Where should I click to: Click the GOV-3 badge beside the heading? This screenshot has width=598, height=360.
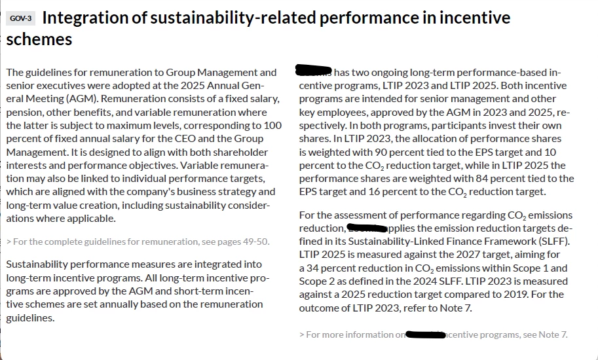click(x=21, y=18)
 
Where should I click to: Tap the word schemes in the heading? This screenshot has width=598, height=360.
click(x=39, y=39)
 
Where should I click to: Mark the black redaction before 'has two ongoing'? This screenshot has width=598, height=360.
click(x=314, y=70)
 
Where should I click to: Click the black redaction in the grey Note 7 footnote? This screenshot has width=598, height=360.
click(x=426, y=335)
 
